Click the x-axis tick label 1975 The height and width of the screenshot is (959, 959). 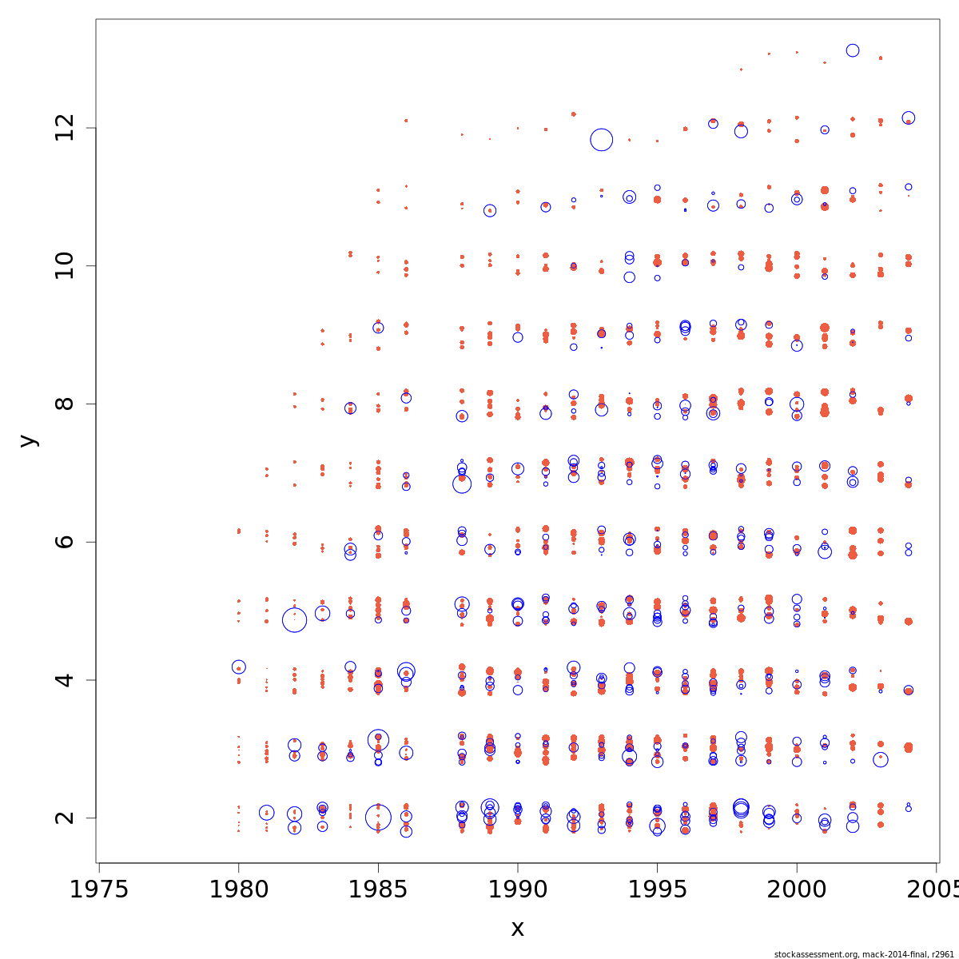pos(99,889)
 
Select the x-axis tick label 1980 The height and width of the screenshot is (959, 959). pos(238,889)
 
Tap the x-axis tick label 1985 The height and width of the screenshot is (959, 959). pos(378,889)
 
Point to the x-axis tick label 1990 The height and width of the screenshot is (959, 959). pos(518,889)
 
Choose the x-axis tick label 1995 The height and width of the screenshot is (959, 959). pos(657,889)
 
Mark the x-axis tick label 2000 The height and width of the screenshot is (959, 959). pos(797,889)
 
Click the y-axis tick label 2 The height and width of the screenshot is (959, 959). pos(65,818)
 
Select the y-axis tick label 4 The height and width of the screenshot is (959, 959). pos(65,680)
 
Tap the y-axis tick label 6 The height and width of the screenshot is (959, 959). pos(65,542)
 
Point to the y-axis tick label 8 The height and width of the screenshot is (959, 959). pos(65,404)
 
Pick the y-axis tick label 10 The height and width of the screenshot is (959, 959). pos(65,265)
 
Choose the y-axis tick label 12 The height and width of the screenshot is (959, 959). pos(65,128)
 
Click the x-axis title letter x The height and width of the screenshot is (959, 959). pos(518,929)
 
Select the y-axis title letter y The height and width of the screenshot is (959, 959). pos(28,440)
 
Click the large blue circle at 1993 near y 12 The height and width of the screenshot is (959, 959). pos(602,140)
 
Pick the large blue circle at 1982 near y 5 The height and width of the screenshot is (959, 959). pos(295,619)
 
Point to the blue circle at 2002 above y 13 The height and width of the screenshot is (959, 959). pos(853,50)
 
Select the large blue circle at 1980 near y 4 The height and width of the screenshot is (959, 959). pos(238,667)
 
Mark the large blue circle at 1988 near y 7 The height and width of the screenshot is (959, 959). pos(462,483)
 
